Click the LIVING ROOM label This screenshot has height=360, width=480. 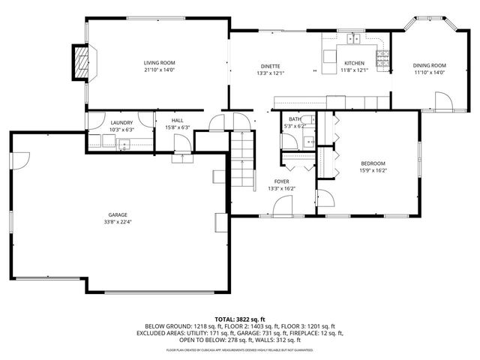click(159, 63)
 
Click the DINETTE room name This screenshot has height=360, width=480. click(270, 67)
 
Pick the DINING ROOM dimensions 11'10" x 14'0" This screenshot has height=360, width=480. click(429, 73)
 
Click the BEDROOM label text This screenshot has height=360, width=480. click(373, 163)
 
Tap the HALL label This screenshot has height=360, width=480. click(177, 120)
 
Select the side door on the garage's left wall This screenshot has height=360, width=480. click(21, 158)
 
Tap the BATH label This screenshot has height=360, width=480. click(295, 119)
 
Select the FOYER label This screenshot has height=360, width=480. click(281, 181)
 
